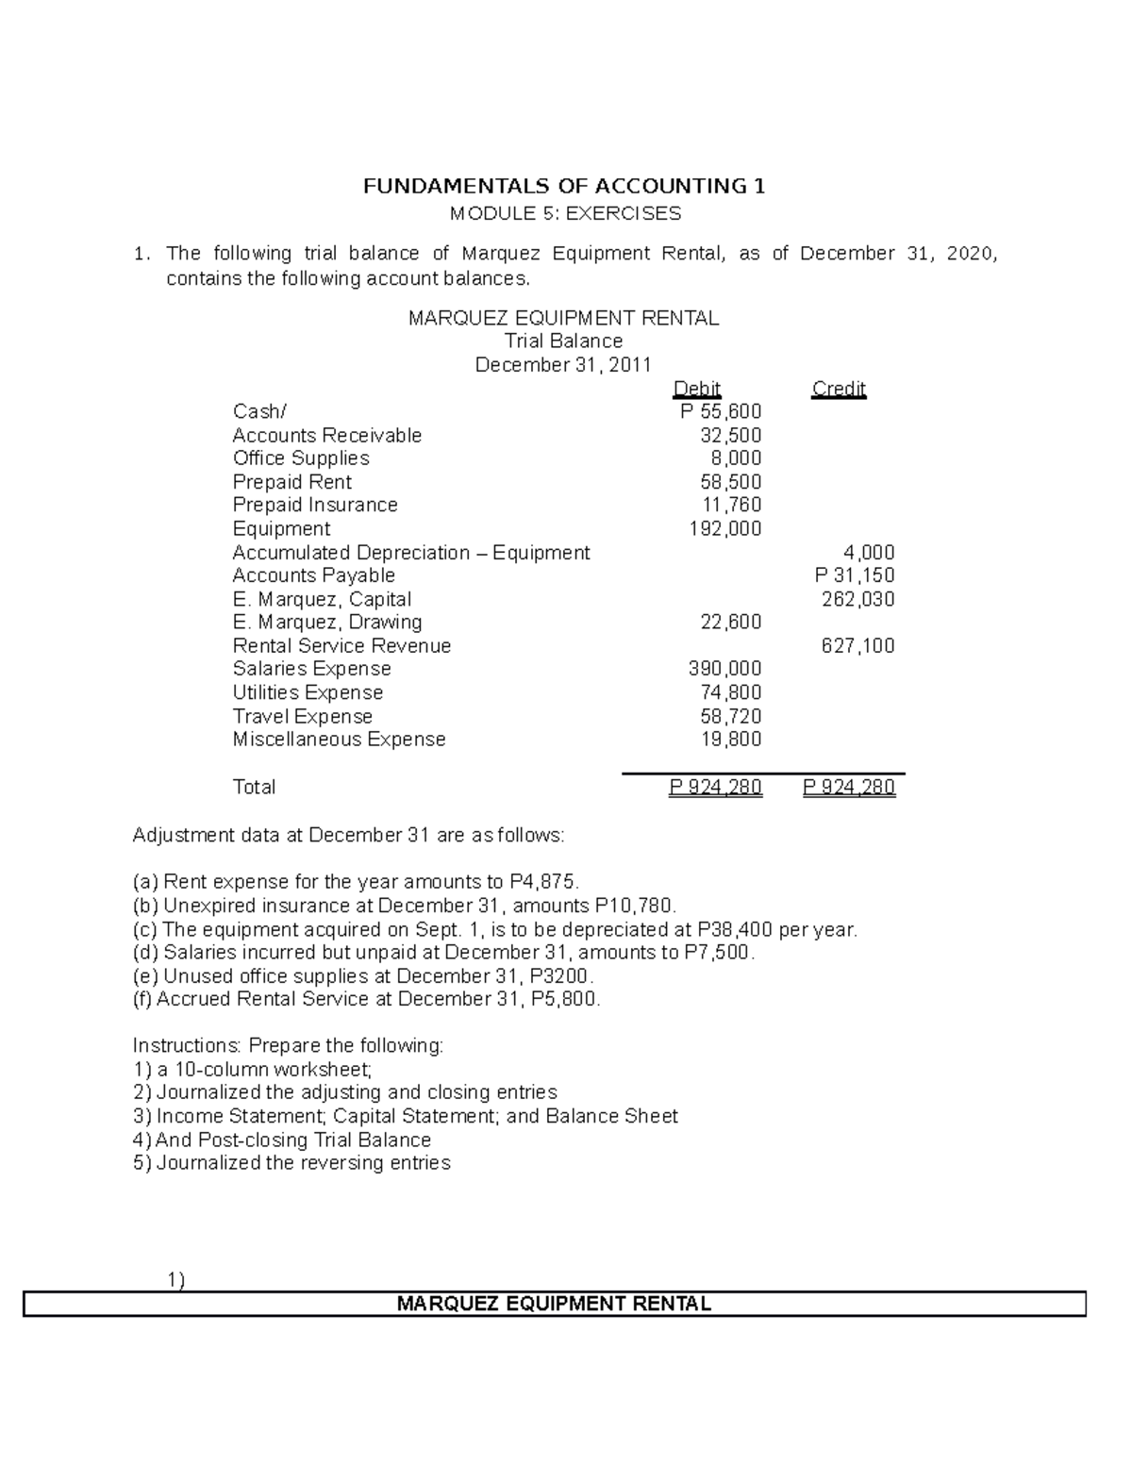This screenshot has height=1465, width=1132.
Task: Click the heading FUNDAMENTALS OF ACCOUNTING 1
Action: [564, 186]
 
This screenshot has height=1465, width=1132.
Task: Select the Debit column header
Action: [697, 389]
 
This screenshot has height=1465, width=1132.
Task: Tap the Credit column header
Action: [839, 389]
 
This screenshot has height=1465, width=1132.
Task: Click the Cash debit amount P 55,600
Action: [721, 411]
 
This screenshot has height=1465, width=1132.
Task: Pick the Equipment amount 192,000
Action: [725, 528]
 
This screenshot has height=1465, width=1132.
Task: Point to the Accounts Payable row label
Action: [313, 575]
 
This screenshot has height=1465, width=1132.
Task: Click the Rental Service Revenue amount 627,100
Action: [857, 646]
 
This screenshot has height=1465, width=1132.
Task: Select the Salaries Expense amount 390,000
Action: [725, 669]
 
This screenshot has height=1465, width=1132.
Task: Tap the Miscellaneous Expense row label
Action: [339, 740]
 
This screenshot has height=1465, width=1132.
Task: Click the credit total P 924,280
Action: [849, 787]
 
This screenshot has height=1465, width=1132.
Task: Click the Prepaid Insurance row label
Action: [315, 505]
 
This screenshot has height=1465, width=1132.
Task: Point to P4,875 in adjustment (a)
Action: [541, 882]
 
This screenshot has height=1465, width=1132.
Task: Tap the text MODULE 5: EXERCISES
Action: [564, 213]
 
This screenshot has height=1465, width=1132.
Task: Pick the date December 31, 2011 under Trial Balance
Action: [563, 365]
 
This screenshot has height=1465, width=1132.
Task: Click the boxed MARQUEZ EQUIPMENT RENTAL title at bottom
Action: [554, 1304]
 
